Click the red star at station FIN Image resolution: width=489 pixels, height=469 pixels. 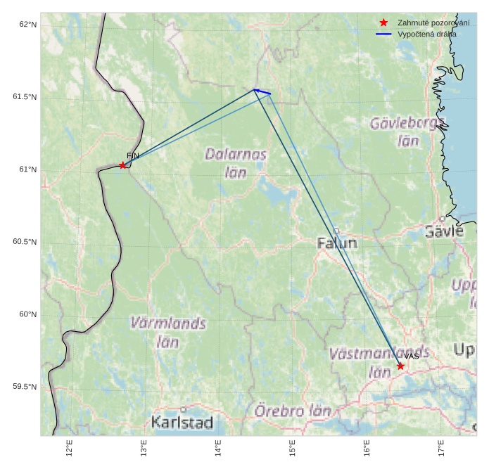point(122,165)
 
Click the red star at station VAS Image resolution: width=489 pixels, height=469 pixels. point(400,366)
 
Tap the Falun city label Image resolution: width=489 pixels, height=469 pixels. point(337,243)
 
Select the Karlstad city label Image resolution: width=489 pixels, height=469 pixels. point(182,423)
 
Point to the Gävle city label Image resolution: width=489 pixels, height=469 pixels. point(444,231)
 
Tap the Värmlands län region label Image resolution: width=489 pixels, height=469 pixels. point(168,333)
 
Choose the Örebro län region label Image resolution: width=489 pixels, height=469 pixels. point(293,411)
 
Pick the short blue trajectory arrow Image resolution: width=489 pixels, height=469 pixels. point(262,91)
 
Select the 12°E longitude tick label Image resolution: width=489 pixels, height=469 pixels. point(69,448)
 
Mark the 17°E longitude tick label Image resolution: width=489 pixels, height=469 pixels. point(440,448)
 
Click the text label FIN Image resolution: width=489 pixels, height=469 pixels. point(133,155)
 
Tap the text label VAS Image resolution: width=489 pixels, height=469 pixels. point(412,356)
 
